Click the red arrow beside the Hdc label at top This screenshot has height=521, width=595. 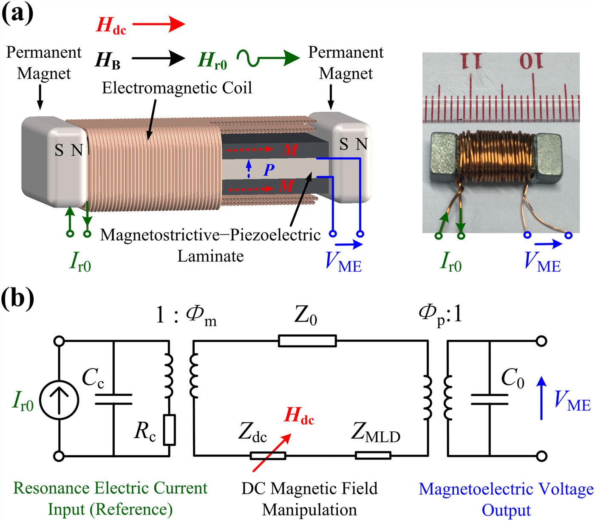tap(159, 24)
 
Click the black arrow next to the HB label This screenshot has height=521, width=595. tap(158, 58)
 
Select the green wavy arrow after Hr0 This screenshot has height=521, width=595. tap(268, 58)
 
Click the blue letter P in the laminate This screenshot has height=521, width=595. tap(269, 170)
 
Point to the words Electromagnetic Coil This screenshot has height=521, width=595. tap(177, 88)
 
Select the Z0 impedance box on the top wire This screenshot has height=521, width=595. tap(307, 341)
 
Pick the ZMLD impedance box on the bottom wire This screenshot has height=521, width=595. tap(373, 456)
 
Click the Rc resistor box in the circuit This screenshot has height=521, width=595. tap(170, 430)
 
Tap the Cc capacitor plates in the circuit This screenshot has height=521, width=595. tap(113, 399)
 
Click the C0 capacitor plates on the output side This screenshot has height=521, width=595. tap(490, 399)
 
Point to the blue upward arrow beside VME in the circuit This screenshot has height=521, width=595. tap(541, 398)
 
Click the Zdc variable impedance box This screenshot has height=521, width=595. tap(268, 456)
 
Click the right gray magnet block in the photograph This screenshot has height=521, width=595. tap(550, 155)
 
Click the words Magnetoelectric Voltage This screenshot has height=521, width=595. tap(506, 489)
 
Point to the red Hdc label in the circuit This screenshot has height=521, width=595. tap(299, 415)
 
